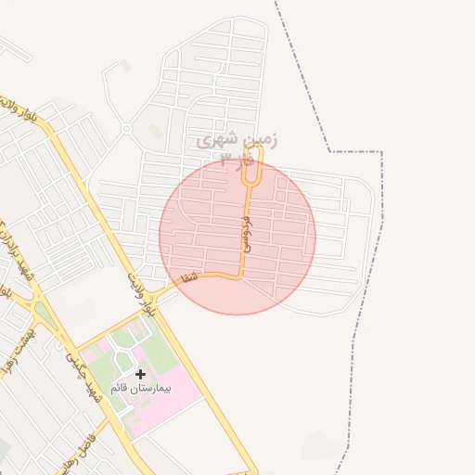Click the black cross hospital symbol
(140, 374)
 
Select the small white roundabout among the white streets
(125, 129)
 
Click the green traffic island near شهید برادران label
(43, 315)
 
